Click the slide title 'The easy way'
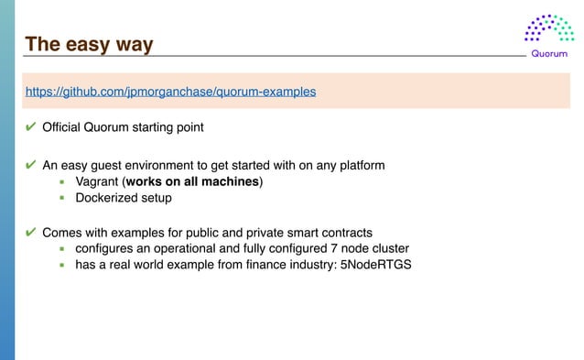[89, 44]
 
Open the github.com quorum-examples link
[170, 92]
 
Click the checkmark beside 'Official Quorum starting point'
[31, 125]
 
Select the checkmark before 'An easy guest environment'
[31, 165]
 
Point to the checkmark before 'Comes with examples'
[31, 232]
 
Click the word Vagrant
[97, 181]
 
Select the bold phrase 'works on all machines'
[193, 181]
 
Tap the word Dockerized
[108, 197]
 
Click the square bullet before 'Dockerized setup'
[62, 198]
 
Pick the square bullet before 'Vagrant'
[62, 182]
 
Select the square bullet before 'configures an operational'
[62, 249]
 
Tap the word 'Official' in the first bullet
[63, 125]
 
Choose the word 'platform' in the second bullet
[360, 165]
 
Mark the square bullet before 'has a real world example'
[62, 266]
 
